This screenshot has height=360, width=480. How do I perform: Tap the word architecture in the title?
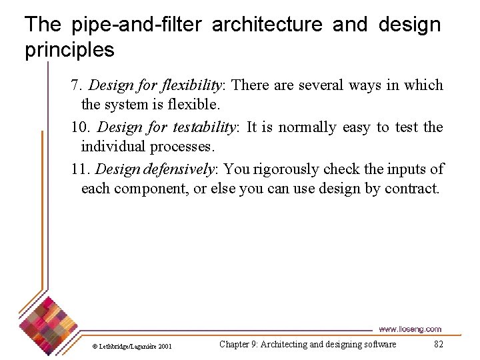click(267, 25)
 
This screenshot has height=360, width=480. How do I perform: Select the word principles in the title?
click(69, 50)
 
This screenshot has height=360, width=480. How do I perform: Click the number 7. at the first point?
click(77, 85)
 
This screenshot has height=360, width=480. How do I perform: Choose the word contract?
click(412, 189)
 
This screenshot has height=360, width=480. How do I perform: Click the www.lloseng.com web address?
click(410, 329)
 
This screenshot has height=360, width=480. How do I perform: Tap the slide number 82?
click(438, 344)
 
